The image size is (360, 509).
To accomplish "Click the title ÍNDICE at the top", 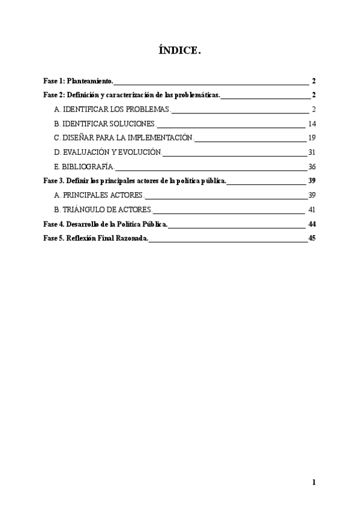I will pos(180,52).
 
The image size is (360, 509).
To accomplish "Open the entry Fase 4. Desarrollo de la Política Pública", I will pos(106,224).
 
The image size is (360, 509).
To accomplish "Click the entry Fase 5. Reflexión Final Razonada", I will pos(95,239).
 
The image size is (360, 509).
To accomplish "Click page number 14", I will pos(311,124).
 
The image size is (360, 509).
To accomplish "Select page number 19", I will pos(311,138).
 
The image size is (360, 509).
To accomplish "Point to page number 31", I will pos(311,152).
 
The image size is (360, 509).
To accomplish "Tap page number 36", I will pos(311,167).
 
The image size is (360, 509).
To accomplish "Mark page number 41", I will pos(311,210).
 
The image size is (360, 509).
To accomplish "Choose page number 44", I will pos(311,224).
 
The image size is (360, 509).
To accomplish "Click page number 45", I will pos(311,239).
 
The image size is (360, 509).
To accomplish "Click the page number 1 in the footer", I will pos(314,482).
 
